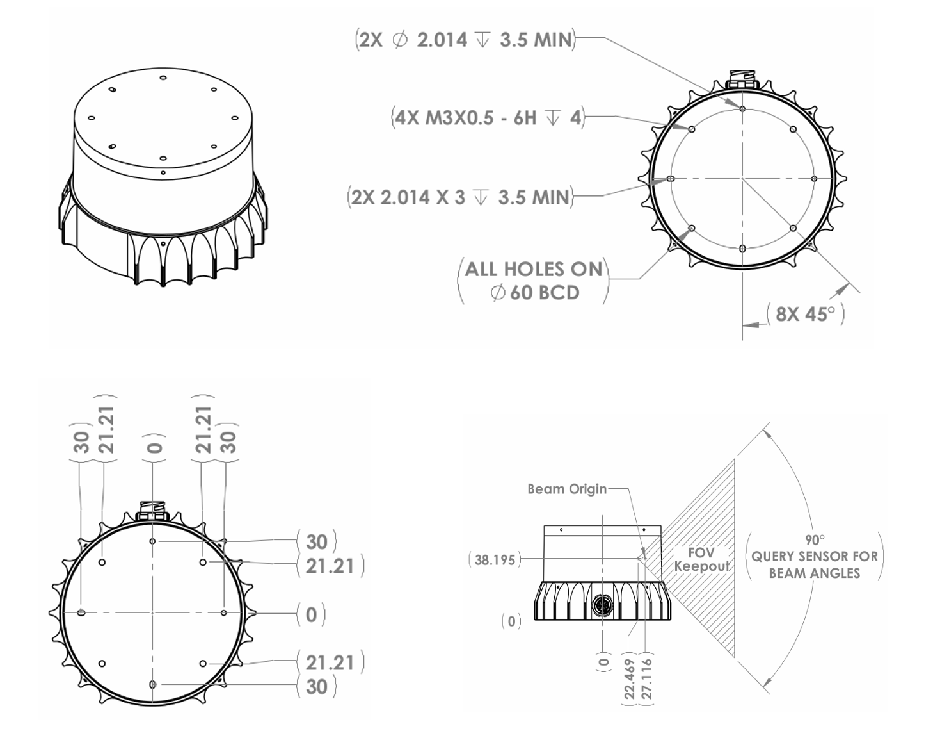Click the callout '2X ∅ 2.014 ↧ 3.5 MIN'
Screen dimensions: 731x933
click(465, 40)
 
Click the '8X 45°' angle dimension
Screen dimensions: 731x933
click(805, 314)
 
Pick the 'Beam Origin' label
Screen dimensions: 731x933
click(566, 489)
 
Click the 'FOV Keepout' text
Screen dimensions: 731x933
click(701, 559)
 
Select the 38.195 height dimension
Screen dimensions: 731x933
click(495, 560)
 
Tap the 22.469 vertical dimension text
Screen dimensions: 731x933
click(630, 679)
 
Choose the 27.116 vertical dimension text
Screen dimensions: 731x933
click(647, 679)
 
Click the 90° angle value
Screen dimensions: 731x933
click(815, 540)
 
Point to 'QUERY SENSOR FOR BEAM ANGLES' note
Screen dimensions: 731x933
click(814, 564)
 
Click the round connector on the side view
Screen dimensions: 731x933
click(603, 604)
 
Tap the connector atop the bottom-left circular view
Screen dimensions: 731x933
click(152, 513)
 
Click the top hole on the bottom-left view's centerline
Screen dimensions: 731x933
click(152, 541)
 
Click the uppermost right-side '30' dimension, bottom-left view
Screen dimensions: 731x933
click(317, 542)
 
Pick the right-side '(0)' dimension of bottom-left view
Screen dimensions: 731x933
click(311, 614)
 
